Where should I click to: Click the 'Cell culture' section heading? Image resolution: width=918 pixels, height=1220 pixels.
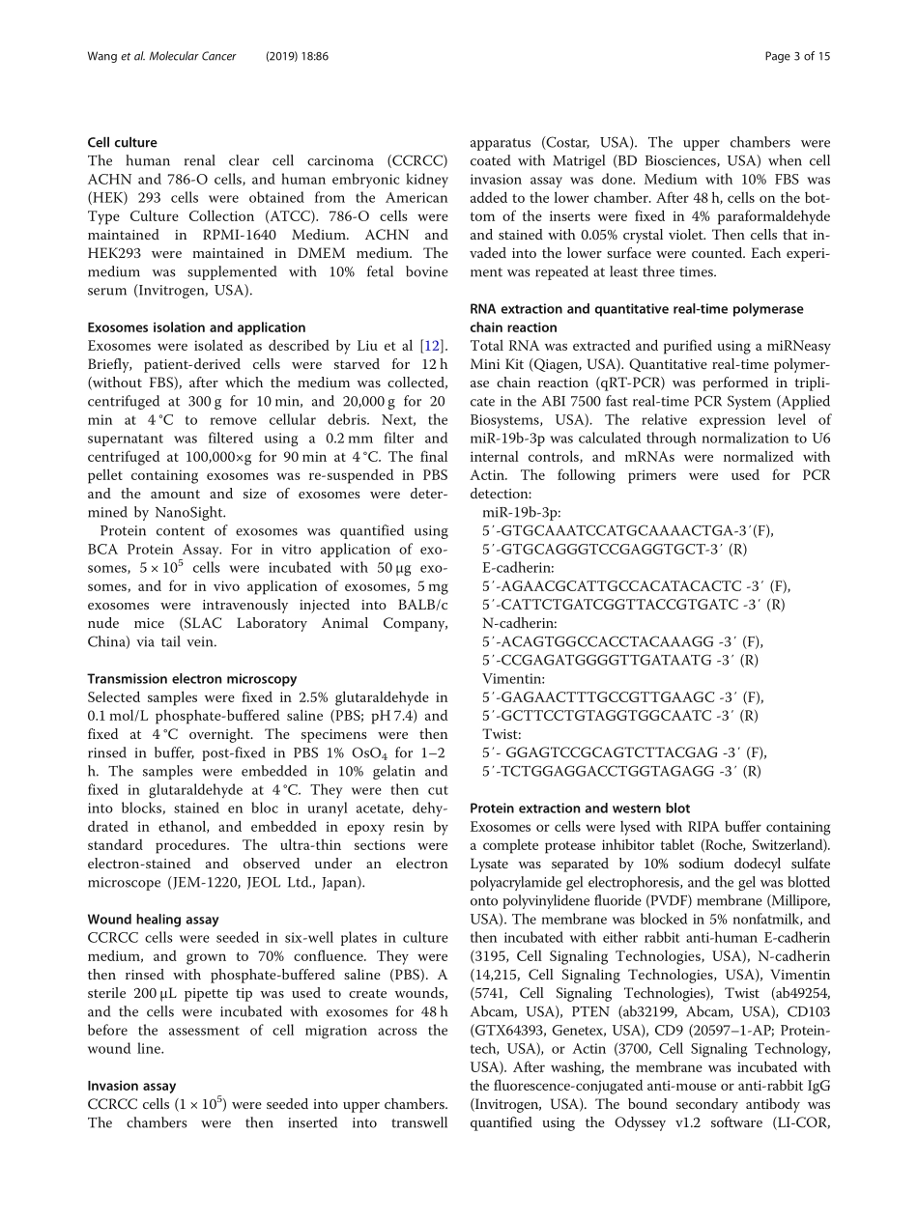point(122,142)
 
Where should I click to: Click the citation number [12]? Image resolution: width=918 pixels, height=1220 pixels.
point(437,346)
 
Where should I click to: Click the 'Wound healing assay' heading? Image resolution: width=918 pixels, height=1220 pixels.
point(153,920)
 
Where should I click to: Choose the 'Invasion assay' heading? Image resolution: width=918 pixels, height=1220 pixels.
point(131,1086)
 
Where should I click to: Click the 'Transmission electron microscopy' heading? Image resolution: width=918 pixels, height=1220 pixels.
point(191,679)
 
